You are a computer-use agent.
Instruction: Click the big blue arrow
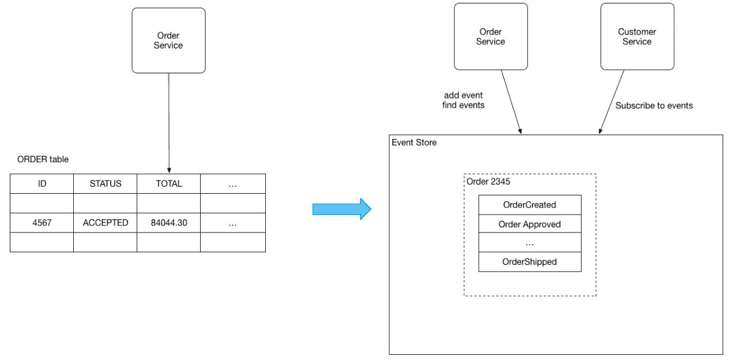coord(341,209)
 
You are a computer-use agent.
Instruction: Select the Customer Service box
coord(637,37)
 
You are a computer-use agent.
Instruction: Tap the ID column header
coord(42,183)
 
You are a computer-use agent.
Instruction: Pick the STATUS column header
coord(106,183)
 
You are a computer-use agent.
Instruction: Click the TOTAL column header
coord(169,183)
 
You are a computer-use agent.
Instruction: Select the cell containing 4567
coord(42,223)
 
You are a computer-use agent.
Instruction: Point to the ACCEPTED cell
coord(106,223)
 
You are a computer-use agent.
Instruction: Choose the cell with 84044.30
coord(169,223)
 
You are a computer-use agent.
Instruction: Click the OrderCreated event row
coord(530,205)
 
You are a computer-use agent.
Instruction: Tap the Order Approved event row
coord(530,224)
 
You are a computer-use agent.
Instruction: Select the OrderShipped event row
coord(530,262)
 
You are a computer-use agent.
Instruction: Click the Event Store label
coord(414,142)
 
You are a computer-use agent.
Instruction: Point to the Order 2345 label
coord(488,182)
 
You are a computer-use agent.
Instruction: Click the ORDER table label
coord(43,159)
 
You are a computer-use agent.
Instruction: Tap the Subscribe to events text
coord(654,106)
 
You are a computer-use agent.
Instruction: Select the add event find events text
coord(463,100)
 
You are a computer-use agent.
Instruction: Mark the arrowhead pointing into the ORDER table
coord(169,171)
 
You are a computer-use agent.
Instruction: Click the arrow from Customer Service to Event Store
coord(611,102)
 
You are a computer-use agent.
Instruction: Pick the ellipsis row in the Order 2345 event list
coord(530,242)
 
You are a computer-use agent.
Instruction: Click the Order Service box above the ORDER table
coord(168,40)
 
